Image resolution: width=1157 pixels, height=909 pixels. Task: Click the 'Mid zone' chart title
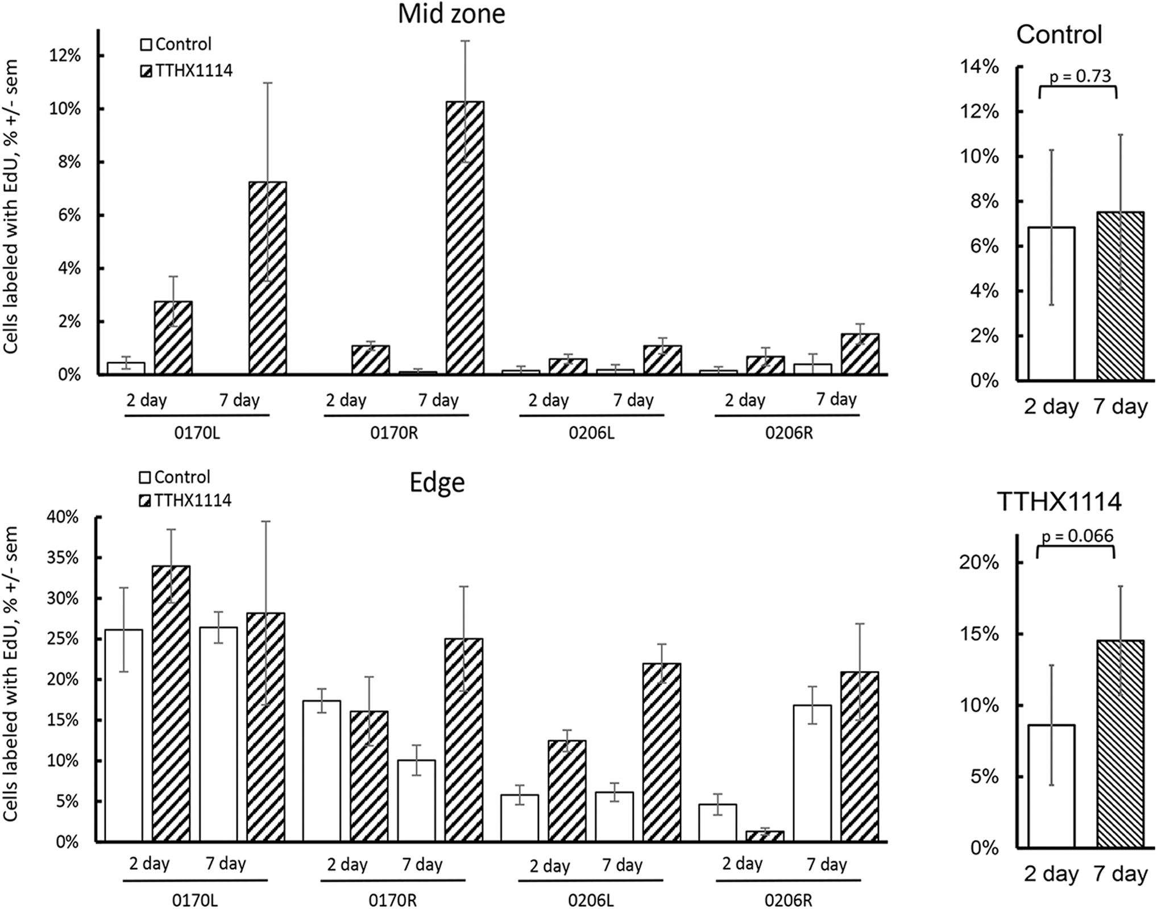pos(451,14)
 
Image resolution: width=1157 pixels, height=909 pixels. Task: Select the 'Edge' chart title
pos(437,483)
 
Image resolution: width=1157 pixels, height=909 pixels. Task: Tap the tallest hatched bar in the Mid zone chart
pos(465,238)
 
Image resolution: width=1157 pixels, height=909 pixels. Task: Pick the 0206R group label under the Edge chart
pos(787,900)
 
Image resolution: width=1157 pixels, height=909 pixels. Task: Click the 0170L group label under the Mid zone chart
pos(197,433)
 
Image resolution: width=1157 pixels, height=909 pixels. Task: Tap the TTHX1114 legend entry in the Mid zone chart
pos(186,70)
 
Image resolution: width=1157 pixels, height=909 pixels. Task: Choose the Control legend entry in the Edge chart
pos(175,476)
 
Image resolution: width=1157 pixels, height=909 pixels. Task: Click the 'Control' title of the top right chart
pos(1059,34)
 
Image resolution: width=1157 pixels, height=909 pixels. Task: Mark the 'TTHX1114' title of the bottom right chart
pos(1059,502)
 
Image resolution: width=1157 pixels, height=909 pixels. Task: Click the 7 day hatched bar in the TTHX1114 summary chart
pos(1120,744)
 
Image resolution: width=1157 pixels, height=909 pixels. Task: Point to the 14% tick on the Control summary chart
pos(980,67)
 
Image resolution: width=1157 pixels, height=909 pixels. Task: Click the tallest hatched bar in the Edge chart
pos(171,704)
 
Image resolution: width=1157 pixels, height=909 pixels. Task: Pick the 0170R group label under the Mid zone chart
pos(394,433)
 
